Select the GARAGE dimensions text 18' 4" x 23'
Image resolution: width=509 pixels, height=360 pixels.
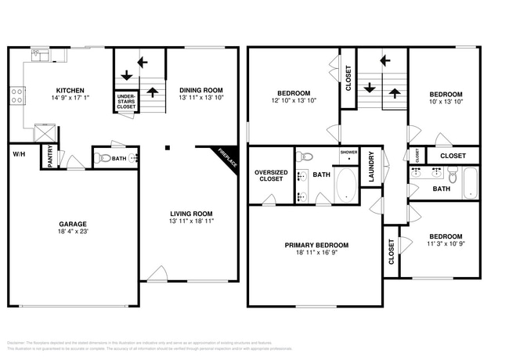coord(72,232)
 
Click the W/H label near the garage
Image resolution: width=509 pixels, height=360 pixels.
coord(19,153)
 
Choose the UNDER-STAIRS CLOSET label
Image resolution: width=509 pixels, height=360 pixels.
coord(126,102)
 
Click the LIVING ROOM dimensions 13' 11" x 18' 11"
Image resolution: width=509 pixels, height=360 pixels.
coord(192,221)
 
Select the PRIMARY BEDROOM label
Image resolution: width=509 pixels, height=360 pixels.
coord(316,245)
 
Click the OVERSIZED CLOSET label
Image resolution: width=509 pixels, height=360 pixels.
coord(271,175)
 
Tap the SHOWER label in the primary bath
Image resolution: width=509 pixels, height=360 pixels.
coord(348,152)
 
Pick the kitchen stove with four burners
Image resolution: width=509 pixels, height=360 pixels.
coord(16,96)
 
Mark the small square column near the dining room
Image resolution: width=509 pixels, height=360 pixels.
coord(166,146)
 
